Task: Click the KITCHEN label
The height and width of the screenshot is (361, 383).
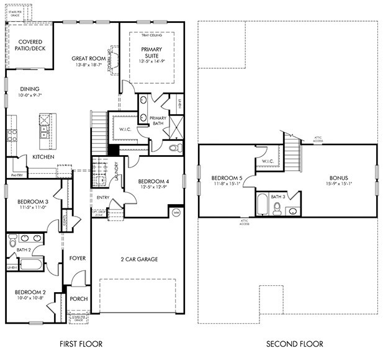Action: pyautogui.click(x=43, y=157)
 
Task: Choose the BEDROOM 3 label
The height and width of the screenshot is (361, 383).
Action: pyautogui.click(x=30, y=202)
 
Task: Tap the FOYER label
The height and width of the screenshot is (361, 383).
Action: pyautogui.click(x=77, y=258)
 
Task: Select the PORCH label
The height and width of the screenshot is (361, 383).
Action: pyautogui.click(x=78, y=298)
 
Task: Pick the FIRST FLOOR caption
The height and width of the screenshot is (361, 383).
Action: pyautogui.click(x=81, y=344)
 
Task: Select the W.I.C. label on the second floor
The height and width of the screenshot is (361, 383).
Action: pyautogui.click(x=268, y=162)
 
